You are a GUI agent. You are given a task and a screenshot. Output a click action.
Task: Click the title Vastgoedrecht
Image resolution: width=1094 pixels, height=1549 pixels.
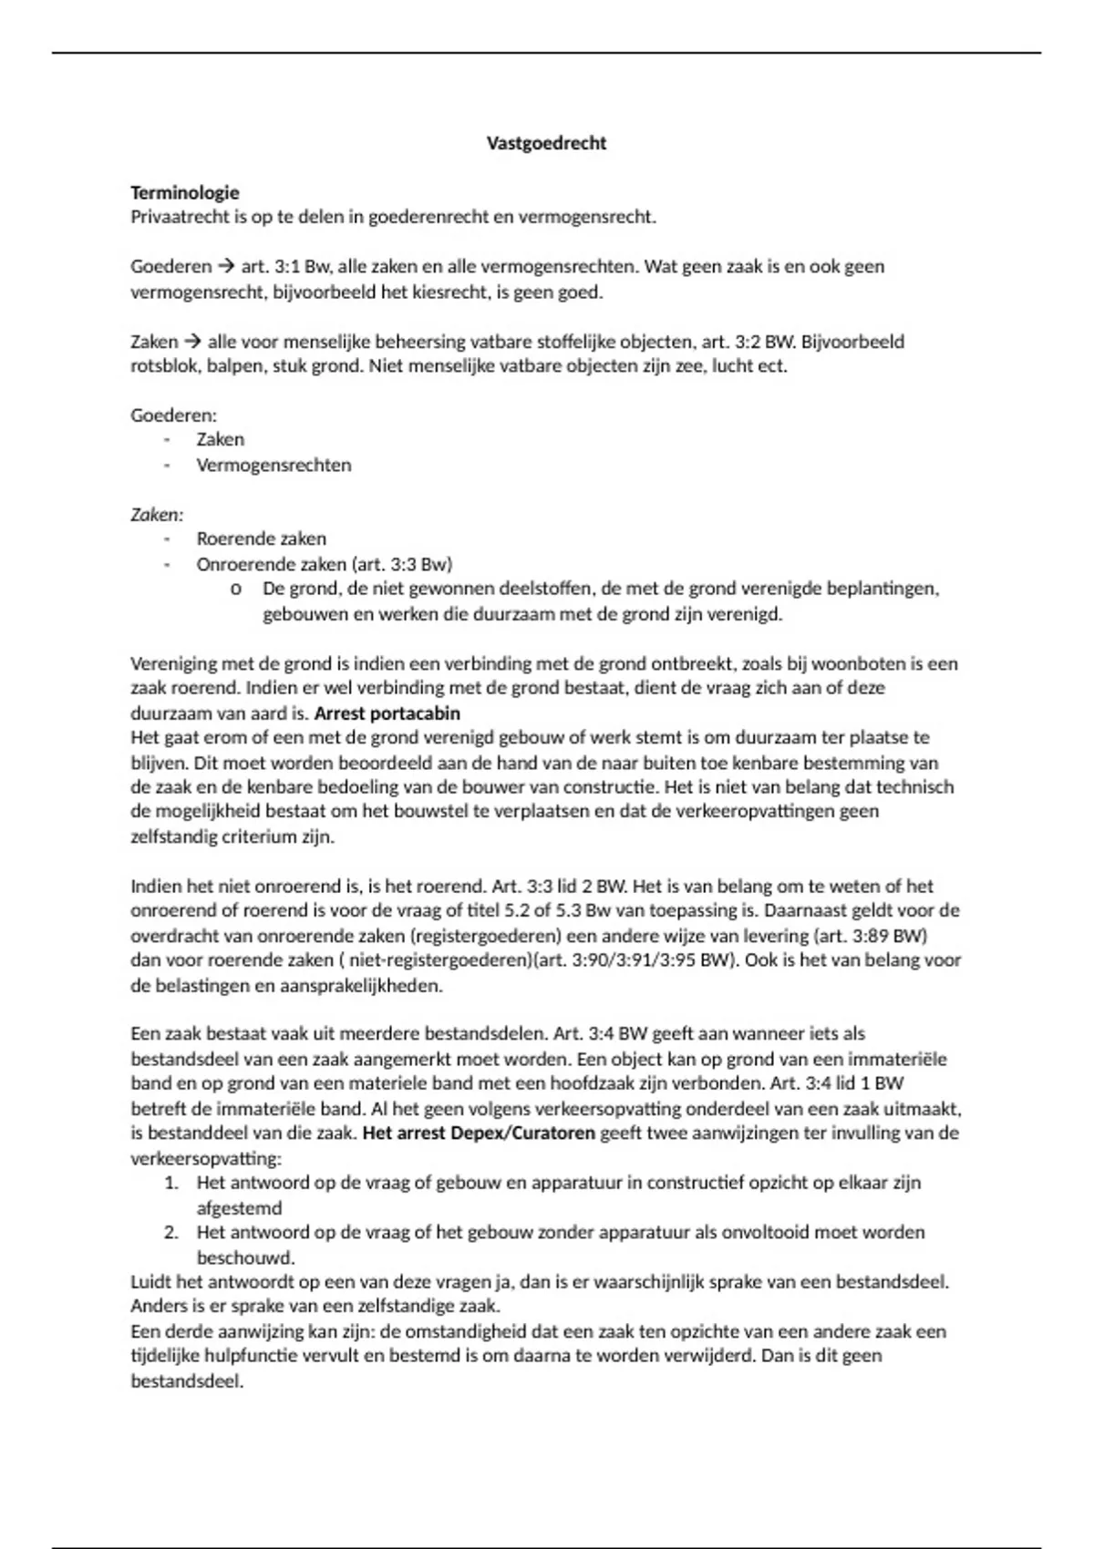tap(546, 143)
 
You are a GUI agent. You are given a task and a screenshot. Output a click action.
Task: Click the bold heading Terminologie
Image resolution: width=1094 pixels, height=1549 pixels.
tap(185, 192)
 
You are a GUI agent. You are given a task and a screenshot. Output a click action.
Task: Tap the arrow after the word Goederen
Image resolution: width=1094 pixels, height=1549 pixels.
tap(225, 267)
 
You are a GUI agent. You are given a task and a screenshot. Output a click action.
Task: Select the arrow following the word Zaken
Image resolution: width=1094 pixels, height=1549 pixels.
tap(191, 343)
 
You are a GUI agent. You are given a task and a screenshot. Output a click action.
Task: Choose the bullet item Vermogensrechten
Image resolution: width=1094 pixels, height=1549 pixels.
tap(273, 465)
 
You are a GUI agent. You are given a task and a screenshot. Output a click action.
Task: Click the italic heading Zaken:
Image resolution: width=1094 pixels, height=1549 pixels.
tap(157, 515)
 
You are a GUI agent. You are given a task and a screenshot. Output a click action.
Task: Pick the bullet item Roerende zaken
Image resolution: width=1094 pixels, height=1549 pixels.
tap(261, 539)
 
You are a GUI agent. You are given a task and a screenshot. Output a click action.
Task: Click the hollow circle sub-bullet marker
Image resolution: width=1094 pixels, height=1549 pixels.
tap(236, 590)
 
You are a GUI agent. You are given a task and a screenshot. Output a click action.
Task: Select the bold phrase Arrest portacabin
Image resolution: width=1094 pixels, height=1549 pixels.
tap(387, 713)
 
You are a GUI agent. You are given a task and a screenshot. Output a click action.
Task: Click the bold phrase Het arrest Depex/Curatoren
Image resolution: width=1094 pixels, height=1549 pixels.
tap(479, 1134)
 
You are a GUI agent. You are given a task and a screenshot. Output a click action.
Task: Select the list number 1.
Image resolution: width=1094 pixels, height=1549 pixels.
tap(171, 1183)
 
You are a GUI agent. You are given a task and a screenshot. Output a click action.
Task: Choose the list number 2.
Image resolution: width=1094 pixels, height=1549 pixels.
tap(171, 1233)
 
